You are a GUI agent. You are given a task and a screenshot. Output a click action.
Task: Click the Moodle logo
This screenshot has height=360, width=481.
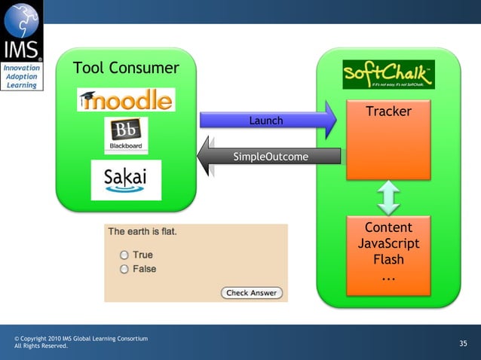tap(126, 99)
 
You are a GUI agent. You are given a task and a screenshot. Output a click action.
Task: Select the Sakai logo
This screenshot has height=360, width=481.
tap(126, 180)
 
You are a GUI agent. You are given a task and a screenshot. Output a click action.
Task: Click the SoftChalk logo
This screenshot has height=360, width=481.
tap(388, 75)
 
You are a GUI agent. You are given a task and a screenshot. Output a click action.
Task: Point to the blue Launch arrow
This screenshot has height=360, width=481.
tap(268, 121)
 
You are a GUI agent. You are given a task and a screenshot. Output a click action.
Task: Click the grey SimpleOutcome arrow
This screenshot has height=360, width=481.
tap(268, 157)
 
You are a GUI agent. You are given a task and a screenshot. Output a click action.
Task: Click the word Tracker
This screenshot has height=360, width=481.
tap(388, 111)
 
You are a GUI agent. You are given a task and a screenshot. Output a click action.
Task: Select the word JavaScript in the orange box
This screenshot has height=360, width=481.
tap(388, 244)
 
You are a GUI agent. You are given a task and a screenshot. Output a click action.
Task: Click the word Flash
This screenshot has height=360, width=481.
tap(388, 260)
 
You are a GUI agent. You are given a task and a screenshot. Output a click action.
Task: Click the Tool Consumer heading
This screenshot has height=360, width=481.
tap(126, 69)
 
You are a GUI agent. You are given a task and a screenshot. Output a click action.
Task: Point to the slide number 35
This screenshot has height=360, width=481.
tap(463, 343)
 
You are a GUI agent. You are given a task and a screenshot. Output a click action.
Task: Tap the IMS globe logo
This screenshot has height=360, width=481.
tap(22, 20)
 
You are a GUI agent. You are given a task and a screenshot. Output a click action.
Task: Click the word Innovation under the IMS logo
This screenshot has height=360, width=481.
tap(22, 69)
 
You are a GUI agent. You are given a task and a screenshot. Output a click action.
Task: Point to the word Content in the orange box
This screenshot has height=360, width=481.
tap(388, 228)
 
